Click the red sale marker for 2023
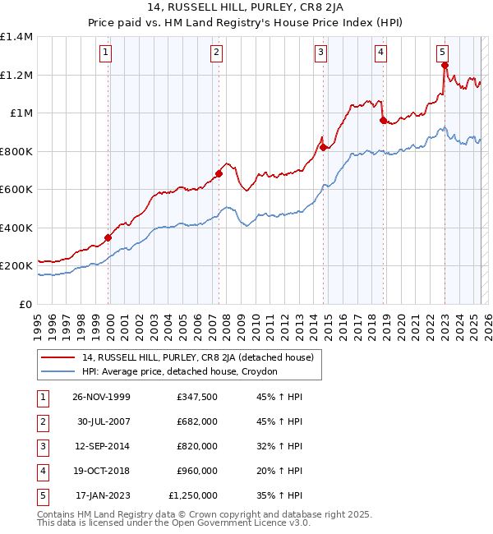[445, 66]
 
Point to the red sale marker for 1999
[108, 238]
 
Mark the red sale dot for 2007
[219, 174]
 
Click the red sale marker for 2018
[383, 121]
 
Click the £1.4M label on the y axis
[16, 37]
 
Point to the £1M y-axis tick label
[21, 113]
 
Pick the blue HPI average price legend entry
[180, 371]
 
